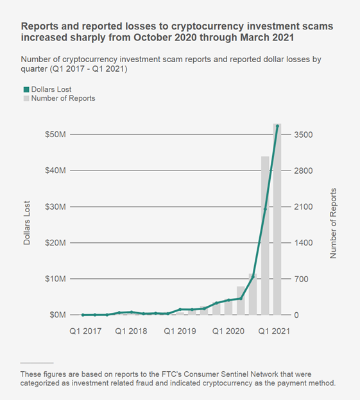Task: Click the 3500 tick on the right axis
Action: click(x=303, y=135)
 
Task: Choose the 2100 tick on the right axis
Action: click(x=303, y=207)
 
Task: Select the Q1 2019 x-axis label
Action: click(x=180, y=331)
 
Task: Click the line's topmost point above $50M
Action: click(x=277, y=126)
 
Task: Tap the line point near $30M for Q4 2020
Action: click(x=265, y=209)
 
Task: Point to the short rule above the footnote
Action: click(x=37, y=362)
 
